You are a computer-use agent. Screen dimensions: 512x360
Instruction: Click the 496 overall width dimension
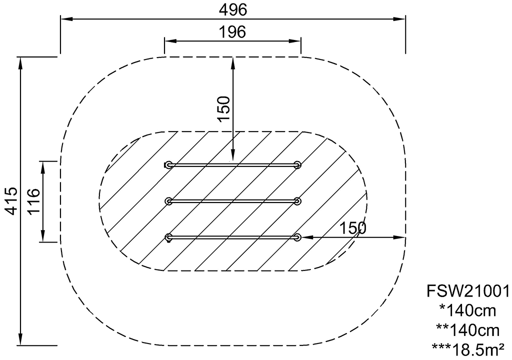(x=233, y=10)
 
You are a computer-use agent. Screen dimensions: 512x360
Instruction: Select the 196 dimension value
(x=232, y=32)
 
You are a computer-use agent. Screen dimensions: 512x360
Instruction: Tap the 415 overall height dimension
(x=12, y=201)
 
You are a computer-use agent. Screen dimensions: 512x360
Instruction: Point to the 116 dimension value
(x=33, y=201)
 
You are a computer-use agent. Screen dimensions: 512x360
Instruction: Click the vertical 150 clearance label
(x=224, y=109)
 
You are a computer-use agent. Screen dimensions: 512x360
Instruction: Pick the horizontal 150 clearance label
(x=352, y=228)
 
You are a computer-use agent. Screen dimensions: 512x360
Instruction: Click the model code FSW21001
(x=468, y=290)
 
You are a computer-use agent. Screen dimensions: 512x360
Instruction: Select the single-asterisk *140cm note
(x=467, y=310)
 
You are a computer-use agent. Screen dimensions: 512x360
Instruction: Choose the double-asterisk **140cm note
(x=467, y=330)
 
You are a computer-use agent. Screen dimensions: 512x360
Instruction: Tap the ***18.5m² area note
(x=467, y=350)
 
